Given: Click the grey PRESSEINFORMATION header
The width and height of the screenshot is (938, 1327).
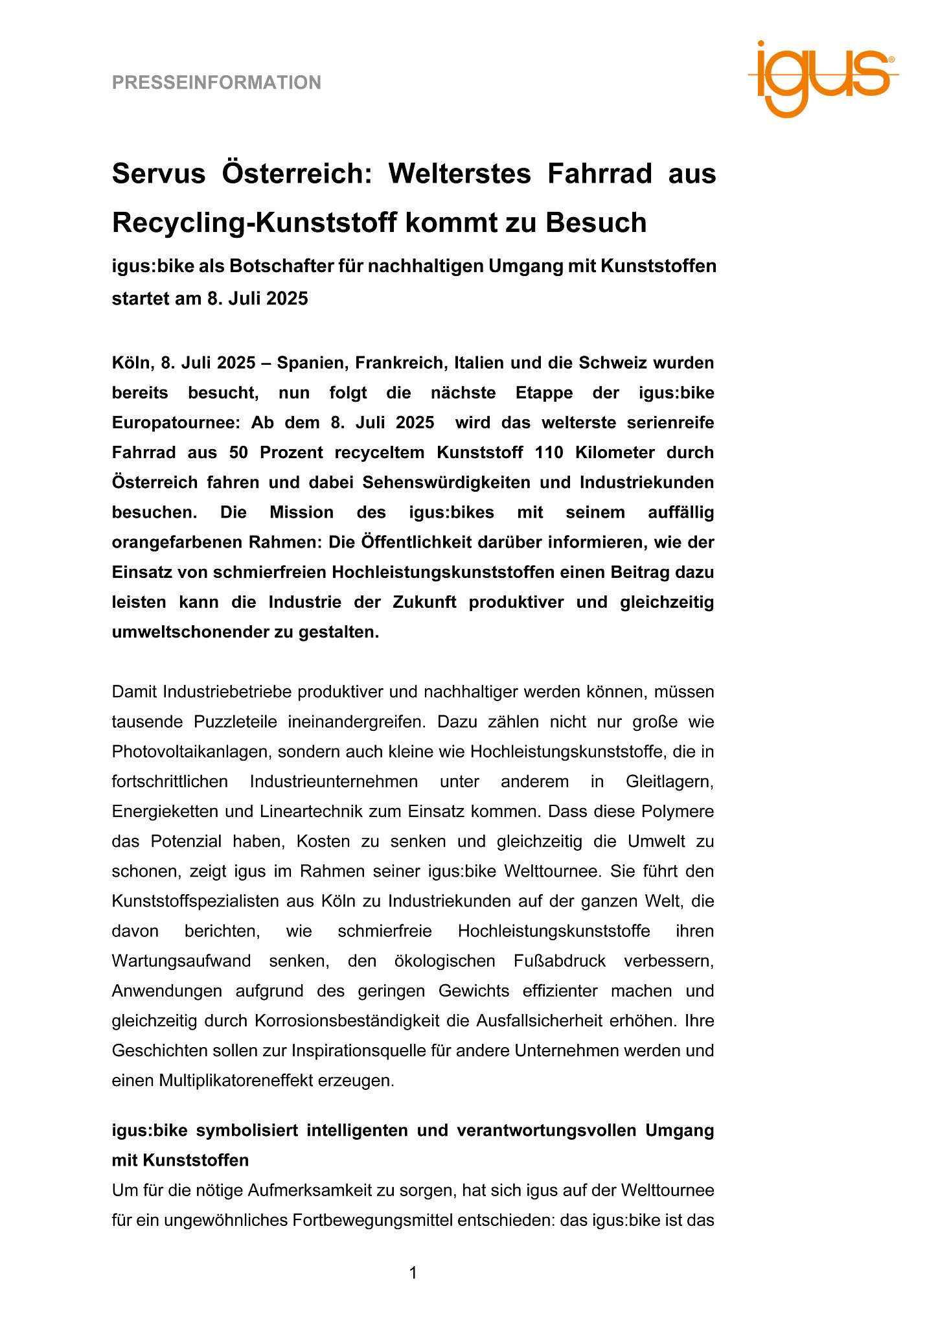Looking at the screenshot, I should pyautogui.click(x=216, y=83).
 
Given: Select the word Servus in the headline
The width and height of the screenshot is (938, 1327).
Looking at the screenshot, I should pyautogui.click(x=159, y=174).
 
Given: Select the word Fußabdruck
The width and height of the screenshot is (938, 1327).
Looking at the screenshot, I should pyautogui.click(x=560, y=961).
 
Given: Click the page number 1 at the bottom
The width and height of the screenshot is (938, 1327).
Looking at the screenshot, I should pyautogui.click(x=413, y=1273).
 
